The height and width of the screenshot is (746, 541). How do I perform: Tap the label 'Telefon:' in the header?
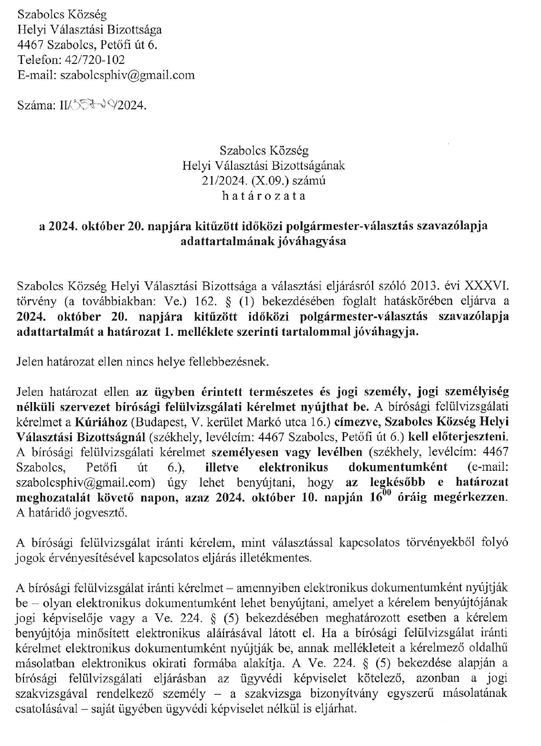[x=37, y=60]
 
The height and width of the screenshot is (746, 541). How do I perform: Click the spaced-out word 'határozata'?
[x=264, y=196]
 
